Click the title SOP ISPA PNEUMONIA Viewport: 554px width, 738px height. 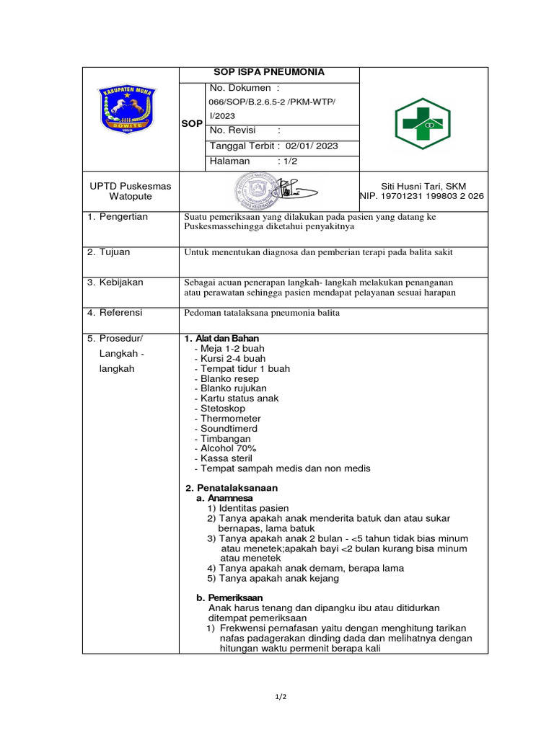click(x=268, y=72)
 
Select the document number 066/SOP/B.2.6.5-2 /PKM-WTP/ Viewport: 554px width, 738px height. click(x=272, y=102)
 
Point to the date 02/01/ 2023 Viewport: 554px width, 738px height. click(x=312, y=146)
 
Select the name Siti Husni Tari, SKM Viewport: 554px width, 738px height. click(x=423, y=186)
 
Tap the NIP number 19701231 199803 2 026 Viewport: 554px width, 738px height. click(x=423, y=196)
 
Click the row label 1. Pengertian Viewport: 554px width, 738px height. click(x=118, y=217)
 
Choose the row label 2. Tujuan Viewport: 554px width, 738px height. click(x=109, y=252)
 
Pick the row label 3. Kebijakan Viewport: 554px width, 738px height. click(x=115, y=283)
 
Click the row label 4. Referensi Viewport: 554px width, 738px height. click(x=115, y=313)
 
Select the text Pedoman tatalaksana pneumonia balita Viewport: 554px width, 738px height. click(x=262, y=313)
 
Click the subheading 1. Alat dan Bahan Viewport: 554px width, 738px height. click(x=221, y=339)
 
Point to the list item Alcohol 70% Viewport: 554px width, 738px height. click(x=224, y=448)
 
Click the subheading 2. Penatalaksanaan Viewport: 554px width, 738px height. click(x=232, y=488)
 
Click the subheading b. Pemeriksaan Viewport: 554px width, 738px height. click(x=229, y=598)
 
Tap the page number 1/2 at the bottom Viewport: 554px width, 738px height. click(x=281, y=697)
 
